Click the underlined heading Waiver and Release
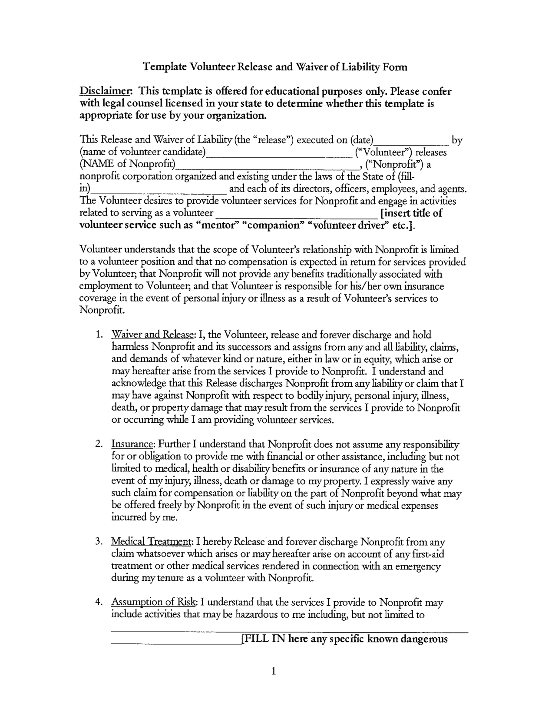tap(152, 335)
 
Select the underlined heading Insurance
tap(133, 444)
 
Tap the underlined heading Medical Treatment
tap(152, 542)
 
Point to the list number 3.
tap(99, 542)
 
